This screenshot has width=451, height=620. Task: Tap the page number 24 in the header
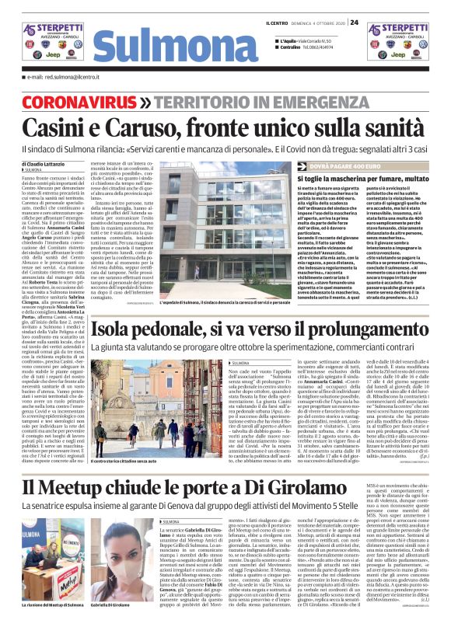(x=354, y=22)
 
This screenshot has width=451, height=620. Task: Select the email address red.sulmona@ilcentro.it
(x=62, y=78)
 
